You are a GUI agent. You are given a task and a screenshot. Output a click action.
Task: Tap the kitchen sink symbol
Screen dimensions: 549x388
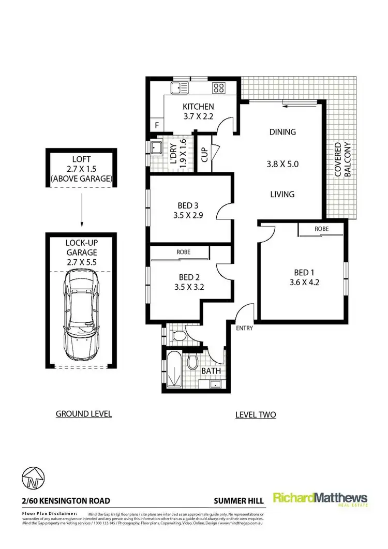click(x=180, y=87)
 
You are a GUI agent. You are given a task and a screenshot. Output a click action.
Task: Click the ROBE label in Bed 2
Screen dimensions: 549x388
click(x=183, y=253)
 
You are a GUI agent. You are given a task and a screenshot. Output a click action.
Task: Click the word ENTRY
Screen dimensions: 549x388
click(x=244, y=328)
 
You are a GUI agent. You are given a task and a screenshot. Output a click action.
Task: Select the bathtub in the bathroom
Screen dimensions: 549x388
click(x=174, y=369)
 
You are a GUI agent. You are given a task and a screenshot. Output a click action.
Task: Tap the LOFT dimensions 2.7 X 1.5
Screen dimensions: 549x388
click(x=81, y=169)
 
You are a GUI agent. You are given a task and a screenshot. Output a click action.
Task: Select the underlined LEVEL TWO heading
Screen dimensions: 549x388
click(x=255, y=414)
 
